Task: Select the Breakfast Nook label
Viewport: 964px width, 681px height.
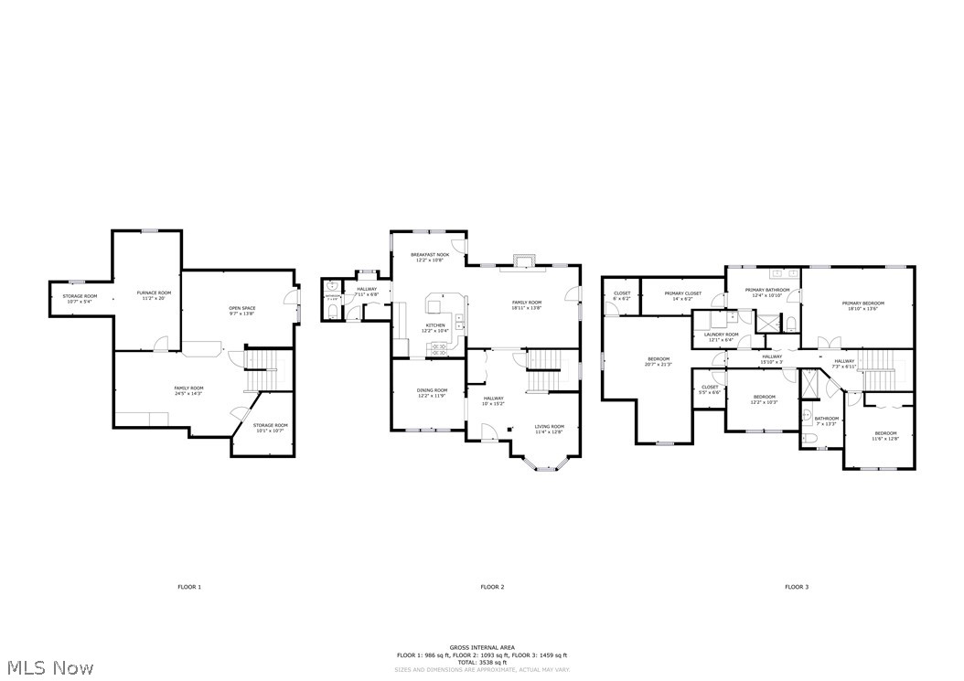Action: pyautogui.click(x=429, y=257)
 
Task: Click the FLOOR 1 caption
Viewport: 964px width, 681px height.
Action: pyautogui.click(x=189, y=587)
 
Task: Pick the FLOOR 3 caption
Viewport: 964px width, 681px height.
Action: pyautogui.click(x=796, y=587)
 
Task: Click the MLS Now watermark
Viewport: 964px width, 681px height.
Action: pyautogui.click(x=48, y=668)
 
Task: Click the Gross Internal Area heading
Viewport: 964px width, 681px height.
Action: pyautogui.click(x=481, y=647)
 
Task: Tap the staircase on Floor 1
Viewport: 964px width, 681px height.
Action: pyautogui.click(x=261, y=371)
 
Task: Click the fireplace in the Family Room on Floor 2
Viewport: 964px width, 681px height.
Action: pyautogui.click(x=523, y=261)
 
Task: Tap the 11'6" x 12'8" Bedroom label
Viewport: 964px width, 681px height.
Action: pyautogui.click(x=885, y=436)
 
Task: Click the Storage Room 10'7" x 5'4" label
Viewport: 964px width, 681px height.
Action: pyautogui.click(x=80, y=299)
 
